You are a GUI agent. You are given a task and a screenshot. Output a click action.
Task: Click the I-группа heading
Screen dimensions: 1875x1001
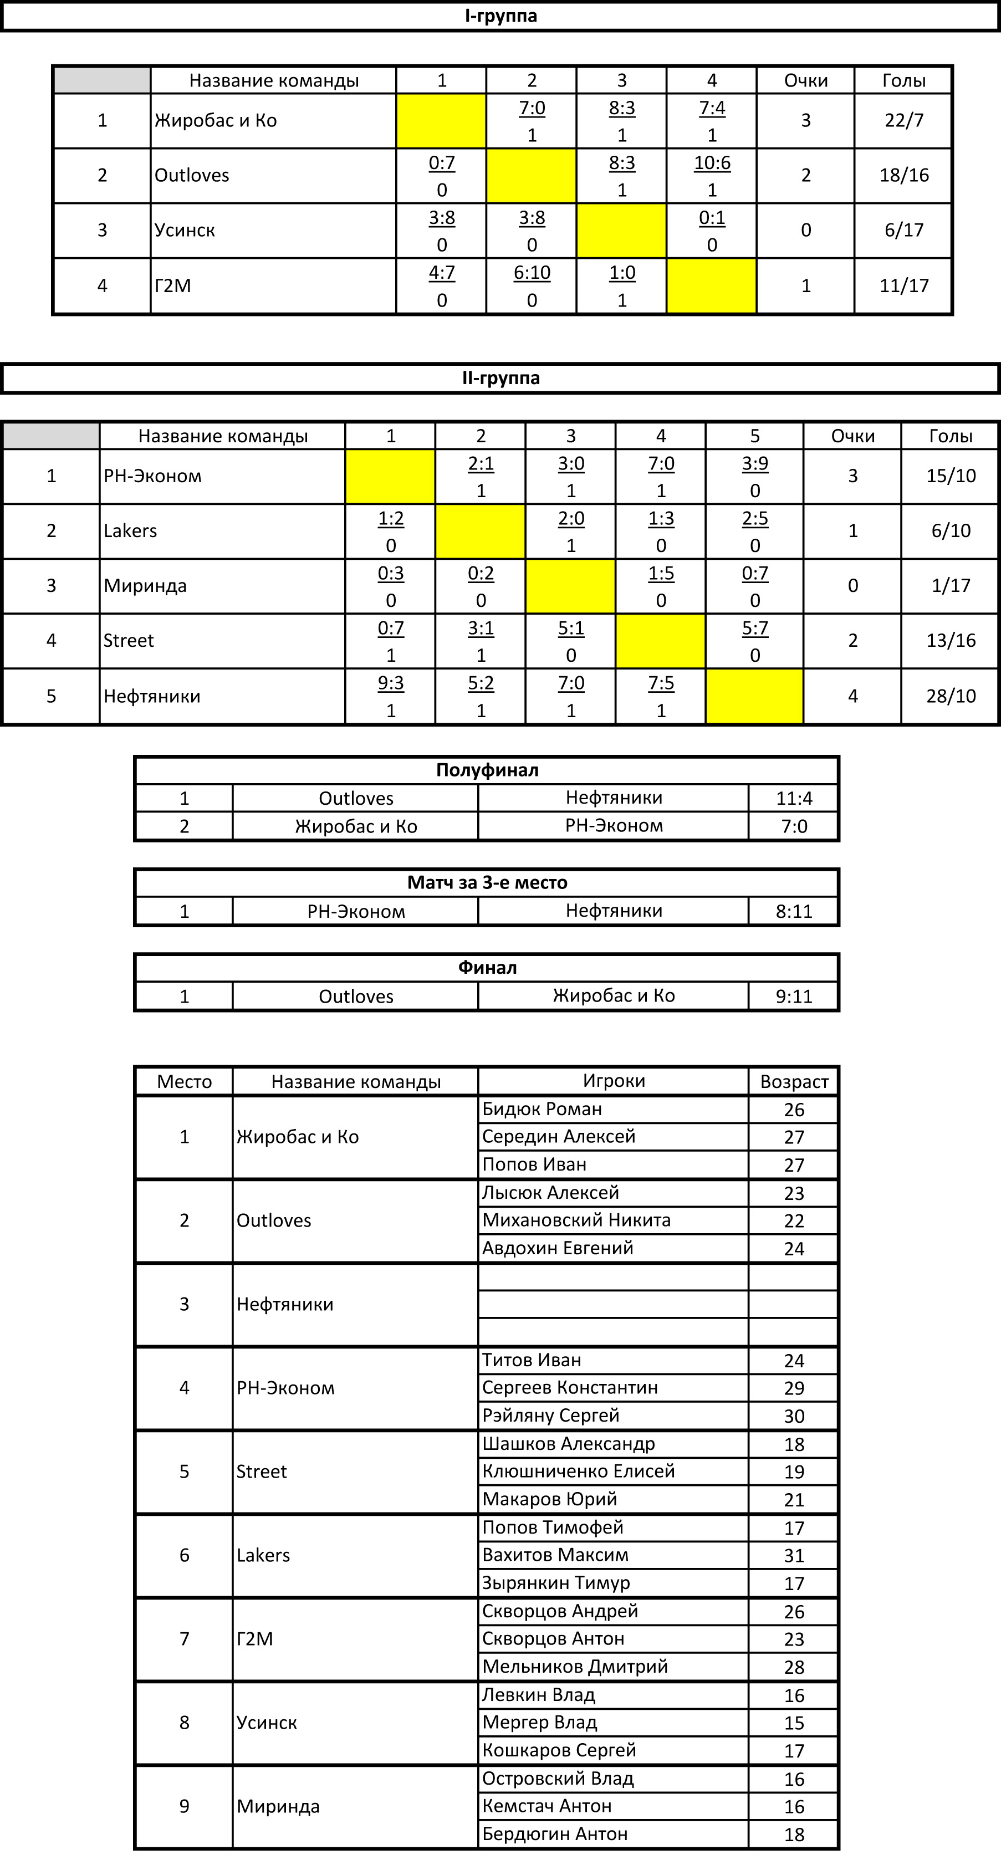501,16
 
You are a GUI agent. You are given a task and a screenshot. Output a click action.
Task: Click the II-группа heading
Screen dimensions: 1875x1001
501,379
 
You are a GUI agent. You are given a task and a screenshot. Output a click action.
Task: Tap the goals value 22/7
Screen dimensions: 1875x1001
903,121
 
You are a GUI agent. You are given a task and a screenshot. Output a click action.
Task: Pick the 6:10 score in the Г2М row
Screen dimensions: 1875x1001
532,273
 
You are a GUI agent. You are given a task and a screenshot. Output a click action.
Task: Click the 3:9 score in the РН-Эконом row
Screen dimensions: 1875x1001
754,464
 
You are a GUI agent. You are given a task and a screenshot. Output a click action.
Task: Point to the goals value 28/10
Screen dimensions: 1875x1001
950,696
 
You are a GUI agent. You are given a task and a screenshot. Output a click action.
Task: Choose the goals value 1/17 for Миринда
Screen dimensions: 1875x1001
950,586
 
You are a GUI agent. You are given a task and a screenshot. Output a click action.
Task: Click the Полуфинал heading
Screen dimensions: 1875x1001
487,770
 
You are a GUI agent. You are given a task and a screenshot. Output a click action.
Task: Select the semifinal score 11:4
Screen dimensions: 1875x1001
794,799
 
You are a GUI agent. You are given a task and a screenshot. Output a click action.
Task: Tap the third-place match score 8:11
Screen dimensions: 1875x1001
794,911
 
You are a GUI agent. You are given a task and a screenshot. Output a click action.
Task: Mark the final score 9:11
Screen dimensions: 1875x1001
794,997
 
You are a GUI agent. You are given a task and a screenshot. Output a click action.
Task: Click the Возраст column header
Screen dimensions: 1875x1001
794,1082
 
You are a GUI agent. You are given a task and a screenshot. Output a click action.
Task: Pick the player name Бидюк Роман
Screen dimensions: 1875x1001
543,1109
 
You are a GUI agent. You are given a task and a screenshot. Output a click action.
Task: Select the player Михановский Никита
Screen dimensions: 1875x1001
576,1220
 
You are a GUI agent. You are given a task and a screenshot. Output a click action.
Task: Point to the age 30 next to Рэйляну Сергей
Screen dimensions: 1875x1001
794,1417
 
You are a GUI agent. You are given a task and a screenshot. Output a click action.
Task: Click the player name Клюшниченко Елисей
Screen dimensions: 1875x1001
579,1472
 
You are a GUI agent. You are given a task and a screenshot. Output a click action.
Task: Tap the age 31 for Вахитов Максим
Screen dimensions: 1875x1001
794,1555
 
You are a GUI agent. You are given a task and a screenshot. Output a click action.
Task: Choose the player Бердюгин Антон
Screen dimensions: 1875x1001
555,1834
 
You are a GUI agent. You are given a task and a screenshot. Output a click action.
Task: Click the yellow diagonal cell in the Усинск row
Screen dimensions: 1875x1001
621,231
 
